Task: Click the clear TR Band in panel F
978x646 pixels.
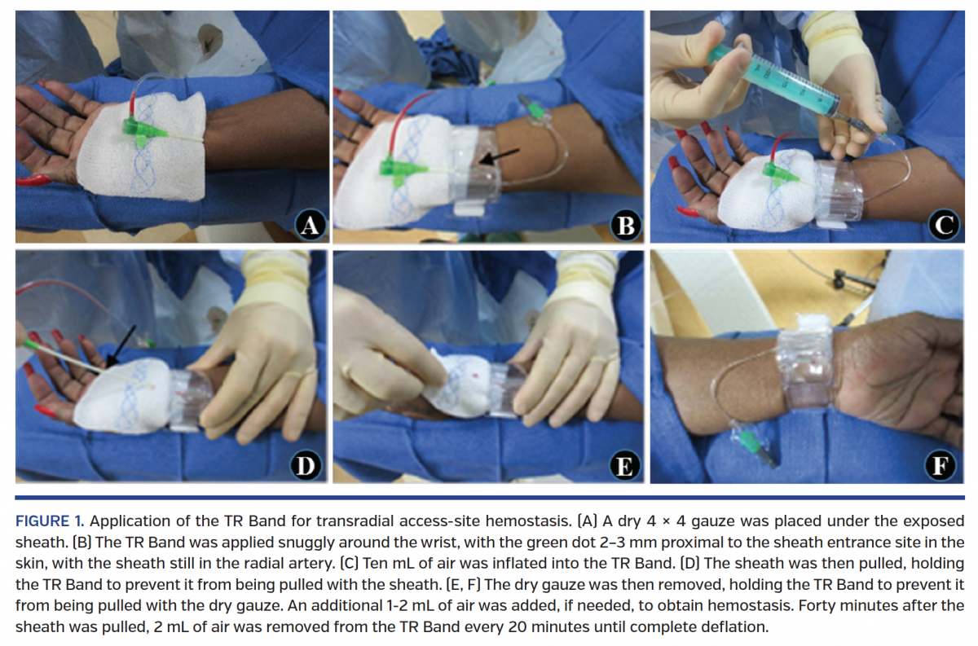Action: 807,371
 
